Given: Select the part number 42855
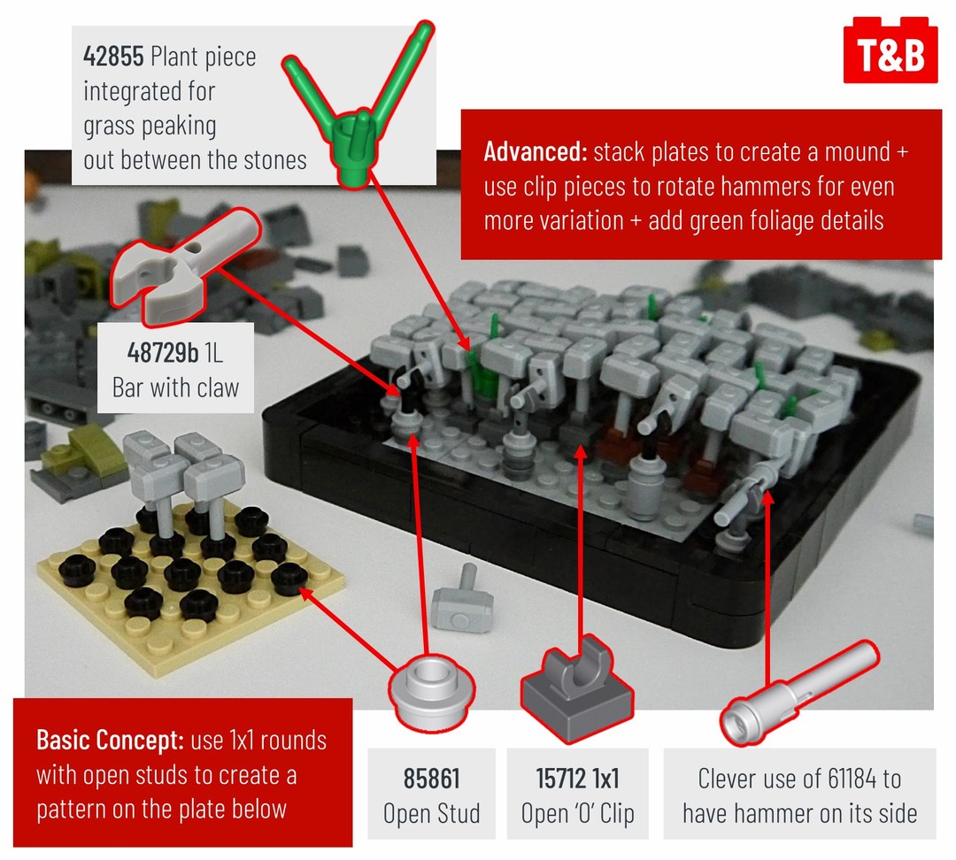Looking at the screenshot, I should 112,57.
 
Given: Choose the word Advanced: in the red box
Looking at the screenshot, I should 535,151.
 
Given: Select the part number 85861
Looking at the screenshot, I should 431,779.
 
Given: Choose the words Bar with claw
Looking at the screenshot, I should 175,388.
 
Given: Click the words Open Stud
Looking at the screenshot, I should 431,813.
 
